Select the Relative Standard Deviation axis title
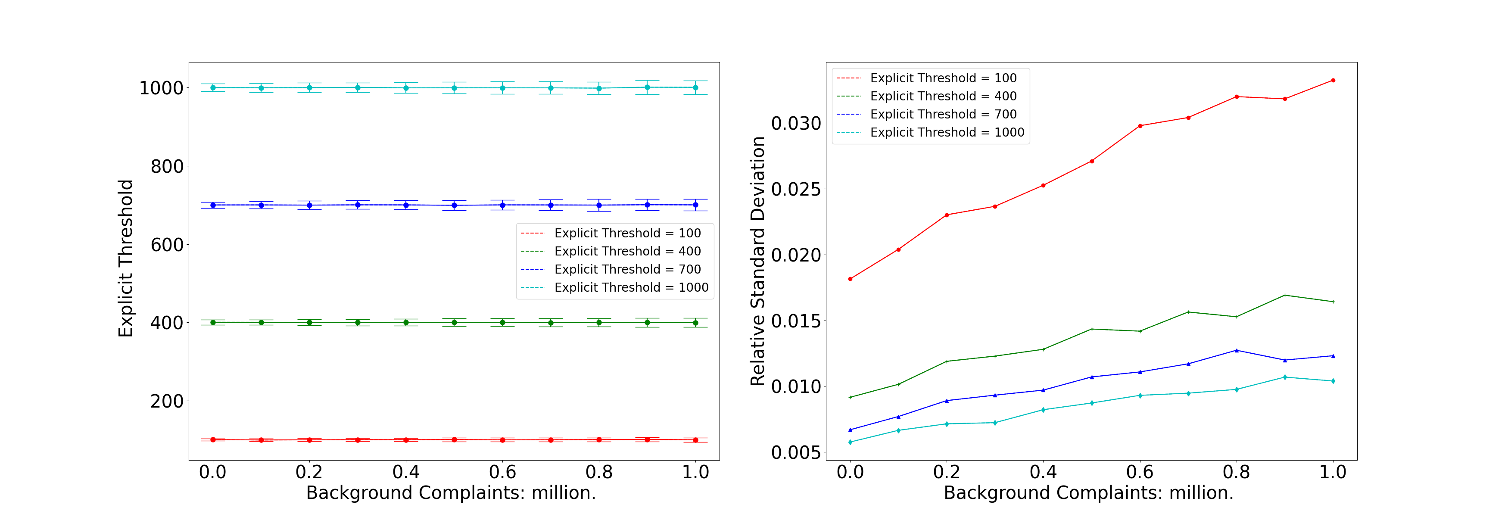[757, 261]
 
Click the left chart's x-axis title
[451, 493]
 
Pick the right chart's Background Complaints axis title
[1088, 493]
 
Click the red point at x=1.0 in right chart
[1333, 80]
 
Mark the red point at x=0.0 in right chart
[850, 279]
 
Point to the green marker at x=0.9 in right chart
[1285, 295]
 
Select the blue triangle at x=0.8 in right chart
[1237, 350]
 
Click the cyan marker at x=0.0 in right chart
[850, 442]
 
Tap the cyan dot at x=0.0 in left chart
[213, 88]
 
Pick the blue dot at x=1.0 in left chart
[695, 205]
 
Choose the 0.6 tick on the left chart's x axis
[502, 472]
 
